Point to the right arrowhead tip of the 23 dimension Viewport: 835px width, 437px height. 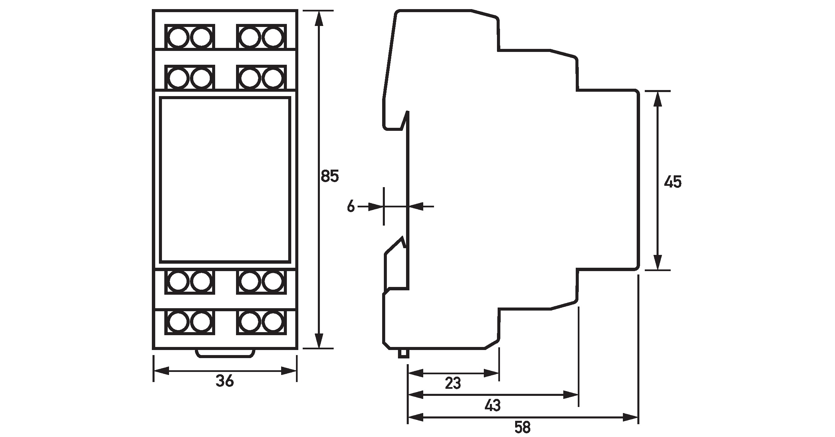[x=499, y=374]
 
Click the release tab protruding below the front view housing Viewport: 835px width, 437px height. [x=225, y=353]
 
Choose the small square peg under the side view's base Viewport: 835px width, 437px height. [x=403, y=354]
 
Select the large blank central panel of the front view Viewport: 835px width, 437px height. [x=225, y=180]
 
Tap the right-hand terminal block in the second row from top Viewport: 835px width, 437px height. [x=262, y=77]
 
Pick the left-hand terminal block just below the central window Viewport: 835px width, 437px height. [x=190, y=282]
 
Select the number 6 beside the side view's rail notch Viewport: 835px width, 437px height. [x=351, y=206]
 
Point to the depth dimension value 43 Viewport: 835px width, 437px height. [x=493, y=406]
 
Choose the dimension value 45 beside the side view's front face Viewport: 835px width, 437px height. [x=673, y=182]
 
